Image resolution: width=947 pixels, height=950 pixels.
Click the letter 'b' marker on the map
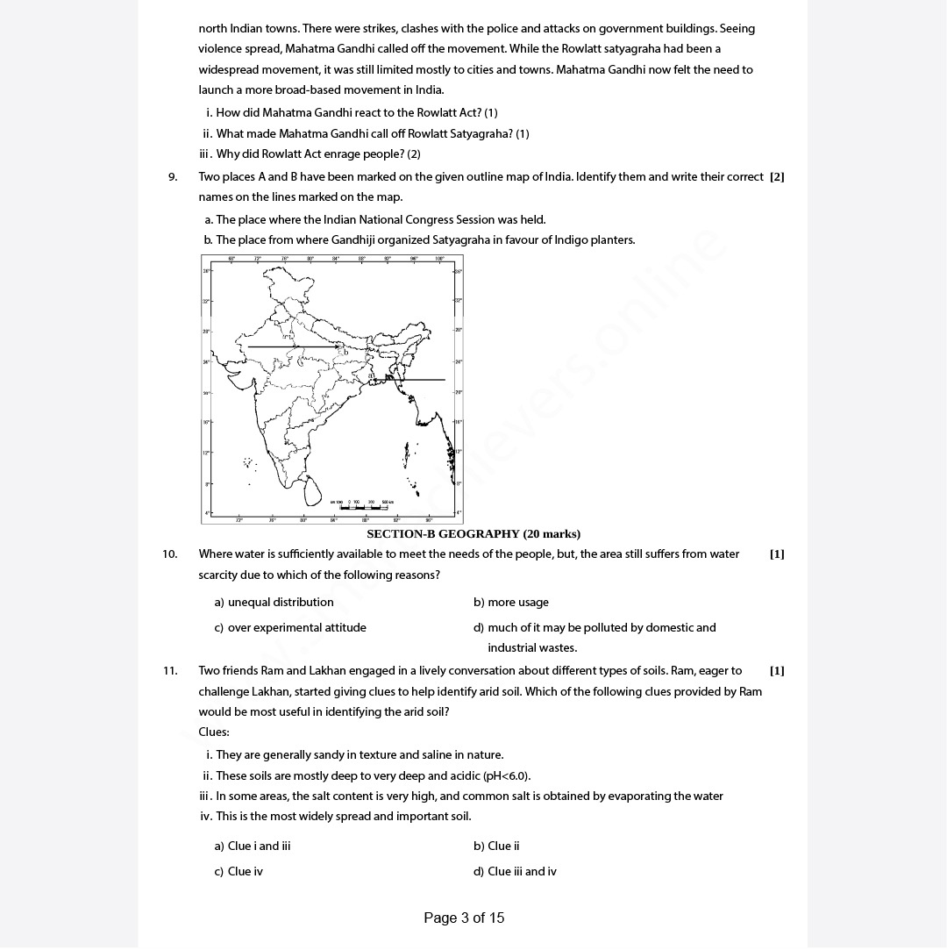coord(345,353)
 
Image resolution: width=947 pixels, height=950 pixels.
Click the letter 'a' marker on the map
coord(372,375)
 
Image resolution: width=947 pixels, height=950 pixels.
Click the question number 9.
coord(173,177)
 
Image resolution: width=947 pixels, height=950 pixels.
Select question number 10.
coord(169,554)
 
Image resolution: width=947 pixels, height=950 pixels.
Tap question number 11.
coord(169,671)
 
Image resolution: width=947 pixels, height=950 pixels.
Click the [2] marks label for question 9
coord(777,177)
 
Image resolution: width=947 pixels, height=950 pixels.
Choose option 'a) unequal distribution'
coord(274,603)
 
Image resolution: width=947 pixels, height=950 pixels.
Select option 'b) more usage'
coord(510,603)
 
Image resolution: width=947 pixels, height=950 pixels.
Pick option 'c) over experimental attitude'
coord(290,628)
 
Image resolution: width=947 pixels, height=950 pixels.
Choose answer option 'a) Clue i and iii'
coord(253,846)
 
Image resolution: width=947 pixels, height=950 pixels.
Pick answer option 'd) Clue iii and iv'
coord(515,872)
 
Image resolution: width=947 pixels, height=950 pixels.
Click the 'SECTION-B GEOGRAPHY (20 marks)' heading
coord(473,534)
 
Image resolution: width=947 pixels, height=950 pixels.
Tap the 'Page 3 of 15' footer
coord(464,918)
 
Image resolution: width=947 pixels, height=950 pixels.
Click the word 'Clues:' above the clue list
coord(214,732)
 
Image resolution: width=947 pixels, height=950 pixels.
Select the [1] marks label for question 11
coord(777,671)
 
